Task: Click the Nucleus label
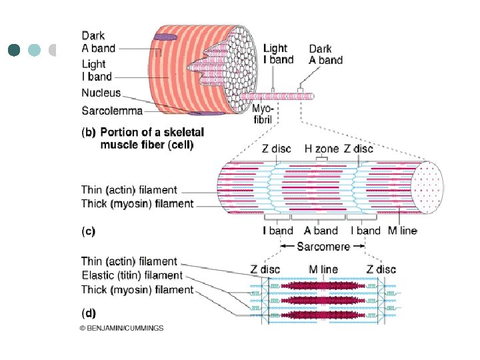pyautogui.click(x=101, y=93)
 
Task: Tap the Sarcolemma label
pyautogui.click(x=112, y=110)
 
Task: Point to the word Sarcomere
pyautogui.click(x=323, y=247)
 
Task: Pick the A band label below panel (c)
pyautogui.click(x=321, y=231)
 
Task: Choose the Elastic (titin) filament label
pyautogui.click(x=131, y=275)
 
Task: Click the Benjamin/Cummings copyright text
pyautogui.click(x=121, y=328)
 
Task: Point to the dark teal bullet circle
pyautogui.click(x=15, y=49)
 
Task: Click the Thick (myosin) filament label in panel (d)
pyautogui.click(x=137, y=289)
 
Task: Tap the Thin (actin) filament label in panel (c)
pyautogui.click(x=129, y=190)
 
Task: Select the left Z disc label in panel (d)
pyautogui.click(x=265, y=269)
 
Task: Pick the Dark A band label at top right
pyautogui.click(x=325, y=54)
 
